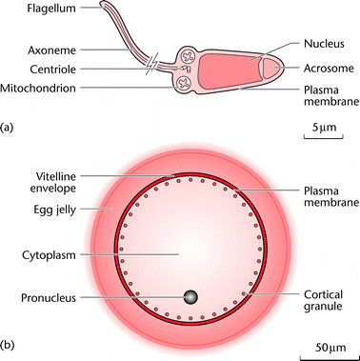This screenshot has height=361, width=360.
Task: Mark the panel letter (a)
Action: (x=10, y=125)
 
